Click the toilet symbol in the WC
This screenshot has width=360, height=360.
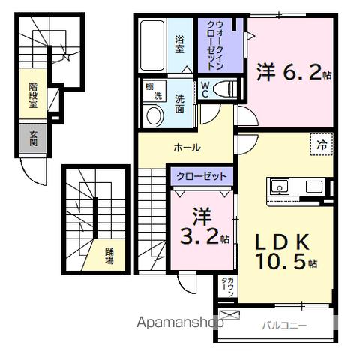coord(222,88)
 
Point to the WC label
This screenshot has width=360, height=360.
coord(204,90)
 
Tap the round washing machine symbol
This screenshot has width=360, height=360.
coord(154,115)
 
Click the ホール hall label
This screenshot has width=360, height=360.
coord(186,148)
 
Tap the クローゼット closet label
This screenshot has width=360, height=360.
coord(201,176)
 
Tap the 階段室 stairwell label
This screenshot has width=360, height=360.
coord(33,96)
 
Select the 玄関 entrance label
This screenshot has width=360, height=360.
coord(33,139)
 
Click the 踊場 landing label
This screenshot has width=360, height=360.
coord(109,256)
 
